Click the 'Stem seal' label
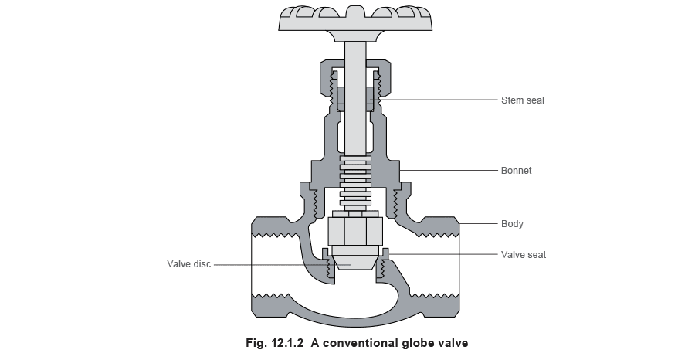pos(523,100)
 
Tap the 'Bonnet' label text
pos(516,171)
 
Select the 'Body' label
pos(512,224)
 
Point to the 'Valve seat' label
pos(524,255)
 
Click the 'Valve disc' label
pos(189,264)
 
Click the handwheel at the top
pos(356,22)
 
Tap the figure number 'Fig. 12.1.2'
pos(275,343)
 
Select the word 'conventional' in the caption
pos(358,343)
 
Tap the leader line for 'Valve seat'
pos(442,254)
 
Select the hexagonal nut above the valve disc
pos(355,231)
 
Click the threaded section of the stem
pos(355,181)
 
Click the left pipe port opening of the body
pos(270,264)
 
